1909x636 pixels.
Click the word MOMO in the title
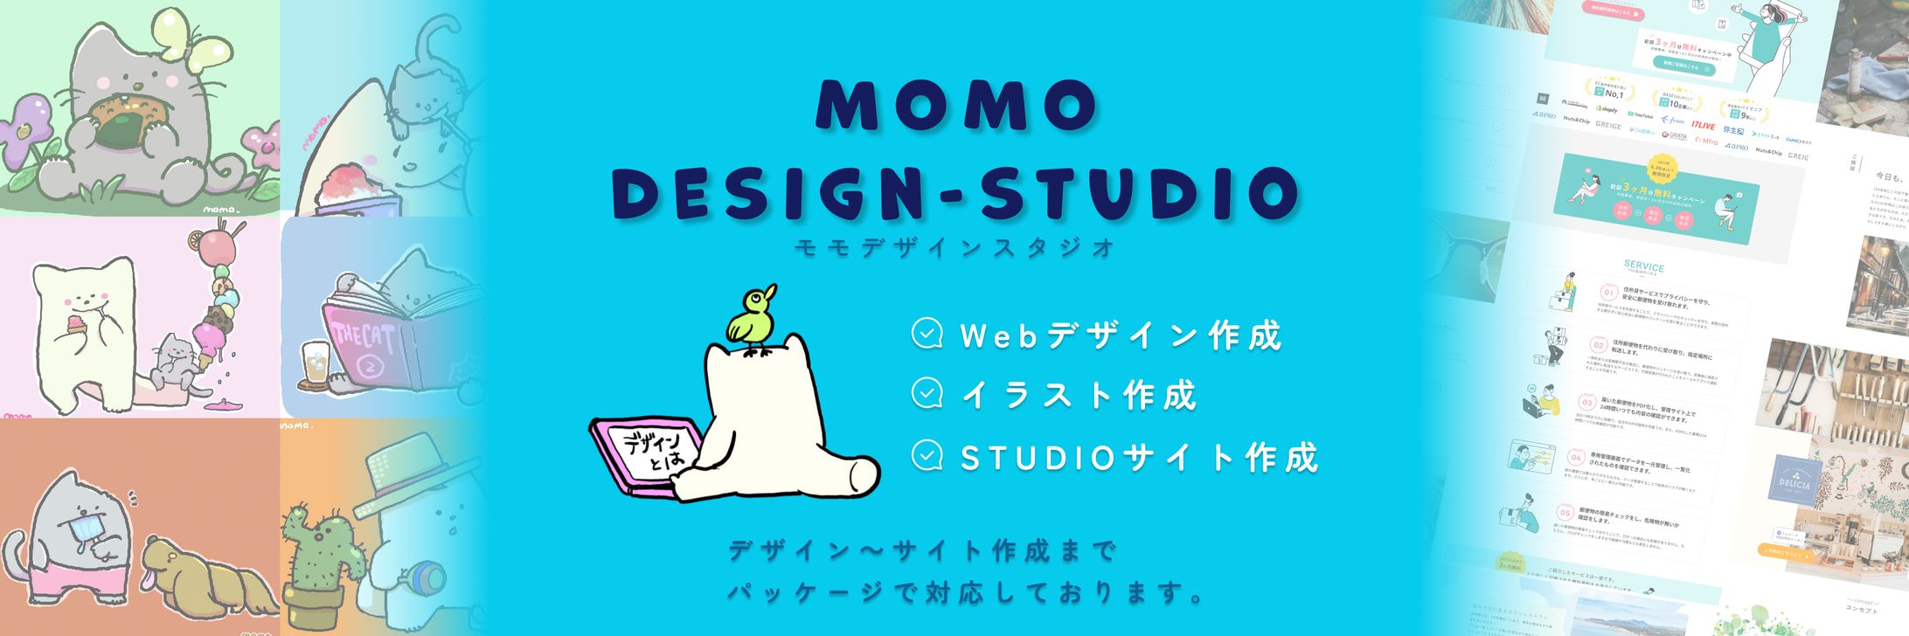(x=956, y=106)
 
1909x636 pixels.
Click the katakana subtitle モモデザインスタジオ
(x=955, y=248)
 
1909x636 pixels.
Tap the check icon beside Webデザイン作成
(x=927, y=334)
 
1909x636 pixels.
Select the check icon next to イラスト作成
(x=927, y=394)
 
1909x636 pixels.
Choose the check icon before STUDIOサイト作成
(x=927, y=455)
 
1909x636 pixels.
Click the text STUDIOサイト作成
(x=1139, y=457)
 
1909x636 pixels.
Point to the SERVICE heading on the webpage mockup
(x=1643, y=266)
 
